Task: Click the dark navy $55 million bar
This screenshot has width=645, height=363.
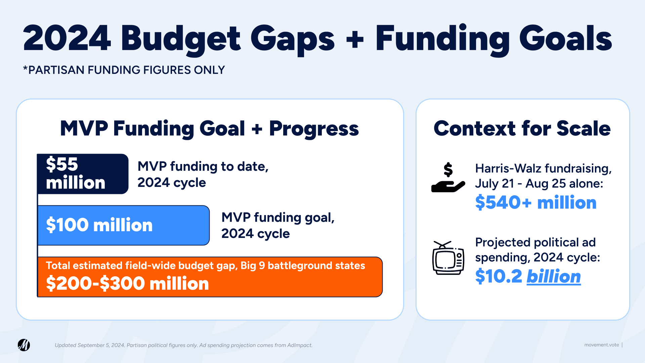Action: (83, 174)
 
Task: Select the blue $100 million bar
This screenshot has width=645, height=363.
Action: (124, 225)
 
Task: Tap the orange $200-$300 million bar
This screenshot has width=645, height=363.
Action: (210, 277)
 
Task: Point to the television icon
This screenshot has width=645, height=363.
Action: (448, 258)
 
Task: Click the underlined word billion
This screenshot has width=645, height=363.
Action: (554, 277)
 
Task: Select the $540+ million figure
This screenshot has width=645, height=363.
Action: (536, 202)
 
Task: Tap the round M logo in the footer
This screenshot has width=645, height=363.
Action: (24, 345)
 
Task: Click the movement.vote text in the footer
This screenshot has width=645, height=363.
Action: (601, 345)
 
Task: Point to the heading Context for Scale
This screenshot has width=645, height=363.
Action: (522, 128)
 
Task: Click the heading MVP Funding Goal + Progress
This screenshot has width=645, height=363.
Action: (209, 129)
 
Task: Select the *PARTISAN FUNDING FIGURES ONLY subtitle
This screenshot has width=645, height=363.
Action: (124, 70)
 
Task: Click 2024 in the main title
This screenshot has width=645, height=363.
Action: (67, 38)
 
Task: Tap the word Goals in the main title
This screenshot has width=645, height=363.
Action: (566, 38)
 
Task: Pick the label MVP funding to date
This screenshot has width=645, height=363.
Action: (203, 166)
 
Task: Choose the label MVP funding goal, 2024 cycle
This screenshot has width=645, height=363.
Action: (278, 225)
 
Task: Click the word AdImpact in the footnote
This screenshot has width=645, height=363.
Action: (299, 345)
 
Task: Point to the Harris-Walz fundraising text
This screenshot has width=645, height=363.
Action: (543, 168)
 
